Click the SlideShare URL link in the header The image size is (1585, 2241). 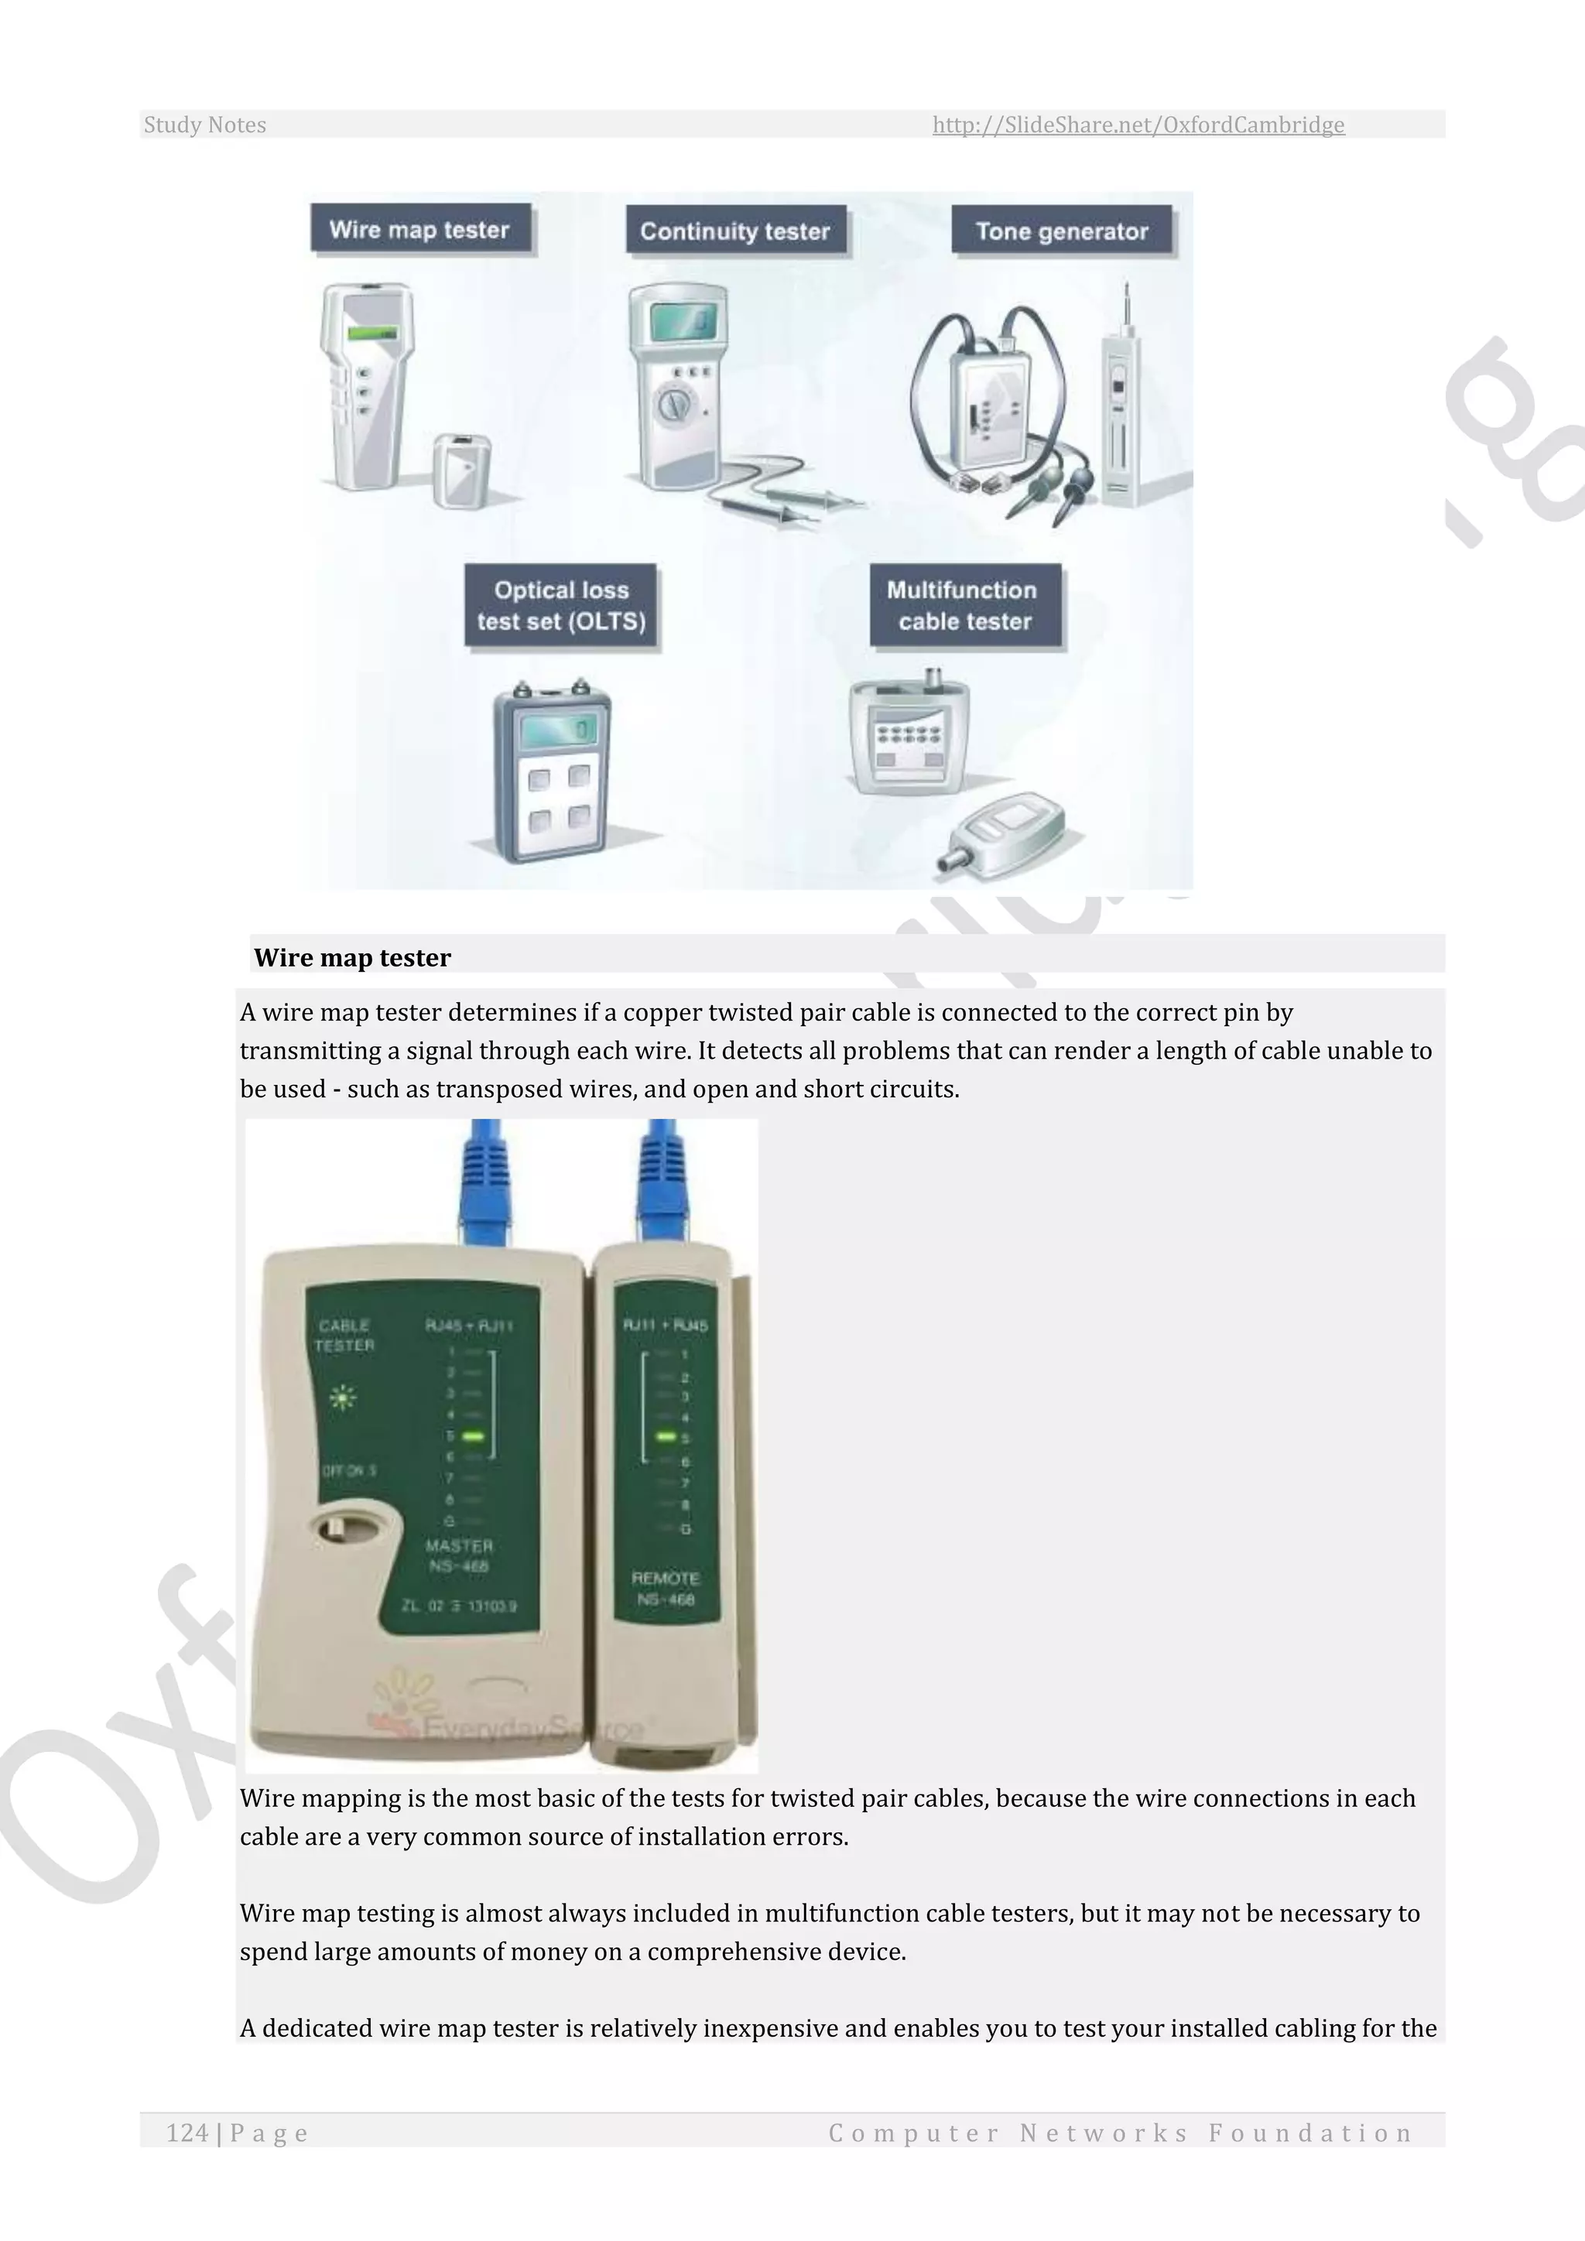pyautogui.click(x=1138, y=125)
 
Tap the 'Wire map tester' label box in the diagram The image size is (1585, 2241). pyautogui.click(x=419, y=229)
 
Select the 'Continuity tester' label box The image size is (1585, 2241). pyautogui.click(x=735, y=231)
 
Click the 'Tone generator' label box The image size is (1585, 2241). pyautogui.click(x=1062, y=231)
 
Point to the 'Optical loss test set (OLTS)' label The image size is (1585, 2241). pyautogui.click(x=561, y=606)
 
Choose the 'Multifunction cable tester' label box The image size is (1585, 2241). pyautogui.click(x=964, y=606)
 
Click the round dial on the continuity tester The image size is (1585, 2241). pyautogui.click(x=673, y=404)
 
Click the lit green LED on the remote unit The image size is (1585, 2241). pyautogui.click(x=666, y=1437)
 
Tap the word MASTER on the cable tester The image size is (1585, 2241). pyautogui.click(x=459, y=1546)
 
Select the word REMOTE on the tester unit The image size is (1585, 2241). pyautogui.click(x=666, y=1579)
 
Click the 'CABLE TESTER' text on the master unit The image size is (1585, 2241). pyautogui.click(x=344, y=1335)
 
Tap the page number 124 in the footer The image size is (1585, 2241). pyautogui.click(x=187, y=2133)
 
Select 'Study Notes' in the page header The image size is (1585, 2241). pyautogui.click(x=205, y=125)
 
